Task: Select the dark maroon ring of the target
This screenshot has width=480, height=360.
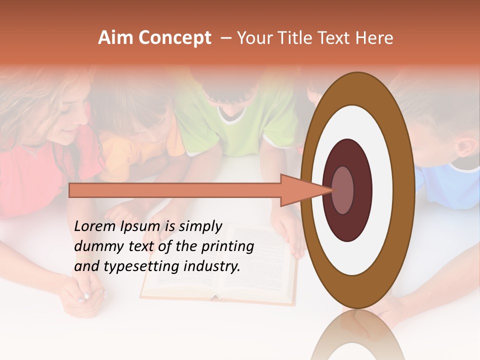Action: (x=347, y=155)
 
